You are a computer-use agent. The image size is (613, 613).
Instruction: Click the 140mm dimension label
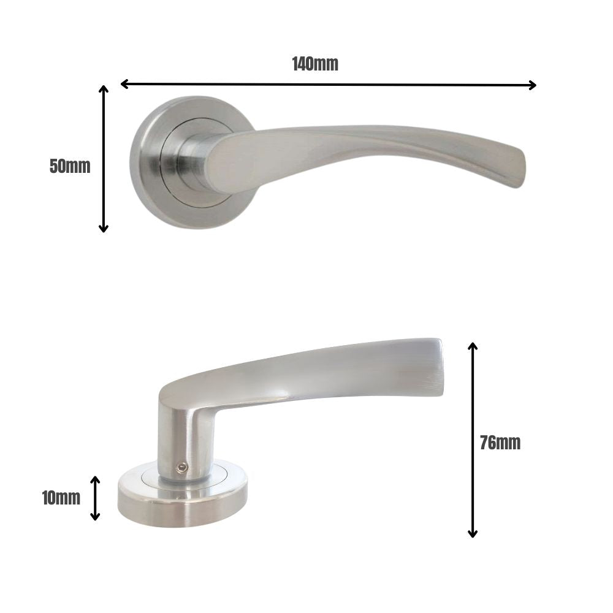pyautogui.click(x=315, y=64)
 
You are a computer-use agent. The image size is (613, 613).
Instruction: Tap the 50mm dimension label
pyautogui.click(x=70, y=166)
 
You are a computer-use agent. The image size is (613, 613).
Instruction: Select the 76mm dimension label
pyautogui.click(x=500, y=443)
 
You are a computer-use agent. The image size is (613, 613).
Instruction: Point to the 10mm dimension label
pyautogui.click(x=61, y=498)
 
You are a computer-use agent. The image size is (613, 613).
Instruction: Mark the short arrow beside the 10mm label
pyautogui.click(x=95, y=498)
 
